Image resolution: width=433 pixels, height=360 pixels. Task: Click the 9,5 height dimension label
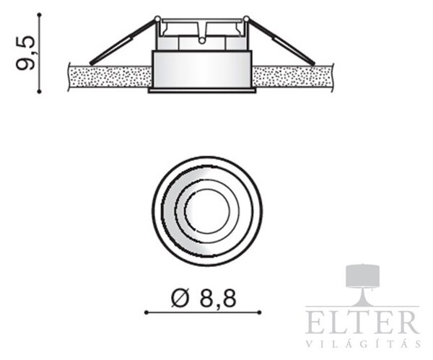pyautogui.click(x=25, y=53)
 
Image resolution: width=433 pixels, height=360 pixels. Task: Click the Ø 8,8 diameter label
pyautogui.click(x=204, y=298)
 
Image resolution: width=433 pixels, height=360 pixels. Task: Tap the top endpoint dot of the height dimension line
pyautogui.click(x=40, y=14)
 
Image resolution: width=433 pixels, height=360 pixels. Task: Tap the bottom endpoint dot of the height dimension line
pyautogui.click(x=40, y=91)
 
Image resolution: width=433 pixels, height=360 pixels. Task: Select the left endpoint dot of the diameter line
pyautogui.click(x=146, y=312)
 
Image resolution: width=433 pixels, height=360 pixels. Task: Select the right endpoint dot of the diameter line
pyautogui.click(x=259, y=312)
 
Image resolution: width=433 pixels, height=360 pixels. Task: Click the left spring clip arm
pyautogui.click(x=123, y=41)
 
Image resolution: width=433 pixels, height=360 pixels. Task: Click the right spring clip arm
pyautogui.click(x=280, y=41)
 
